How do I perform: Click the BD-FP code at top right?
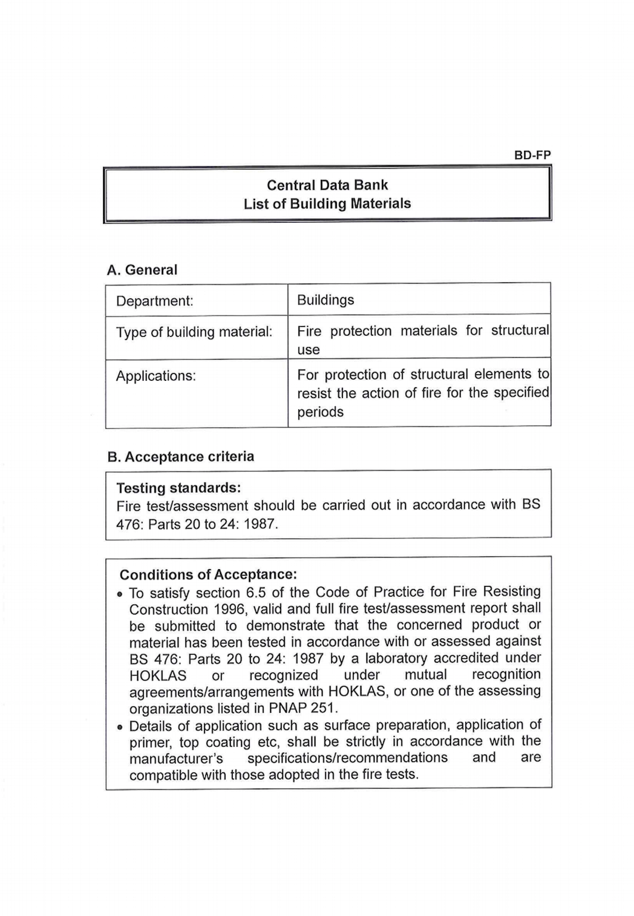(532, 155)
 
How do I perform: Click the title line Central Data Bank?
(328, 185)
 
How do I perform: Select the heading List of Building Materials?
(327, 203)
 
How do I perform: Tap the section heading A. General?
(142, 270)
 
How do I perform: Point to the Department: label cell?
(154, 301)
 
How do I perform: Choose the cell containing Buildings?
(326, 300)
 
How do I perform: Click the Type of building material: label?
(194, 332)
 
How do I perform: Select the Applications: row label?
(156, 376)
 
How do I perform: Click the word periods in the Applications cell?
(320, 412)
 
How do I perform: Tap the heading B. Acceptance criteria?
(180, 457)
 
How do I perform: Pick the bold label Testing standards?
(179, 488)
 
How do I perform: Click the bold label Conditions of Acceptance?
(208, 574)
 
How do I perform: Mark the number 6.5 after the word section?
(256, 592)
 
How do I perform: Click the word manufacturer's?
(176, 758)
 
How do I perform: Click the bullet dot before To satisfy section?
(120, 595)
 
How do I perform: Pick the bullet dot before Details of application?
(120, 727)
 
